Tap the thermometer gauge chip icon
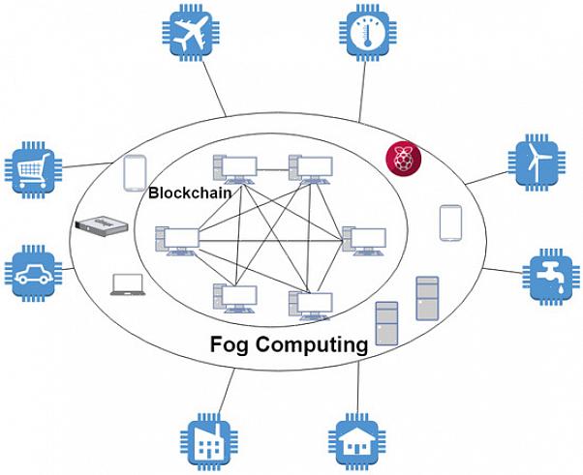[x=371, y=36]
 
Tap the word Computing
[x=316, y=344]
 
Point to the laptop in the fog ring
[x=128, y=283]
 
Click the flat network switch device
[x=102, y=224]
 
